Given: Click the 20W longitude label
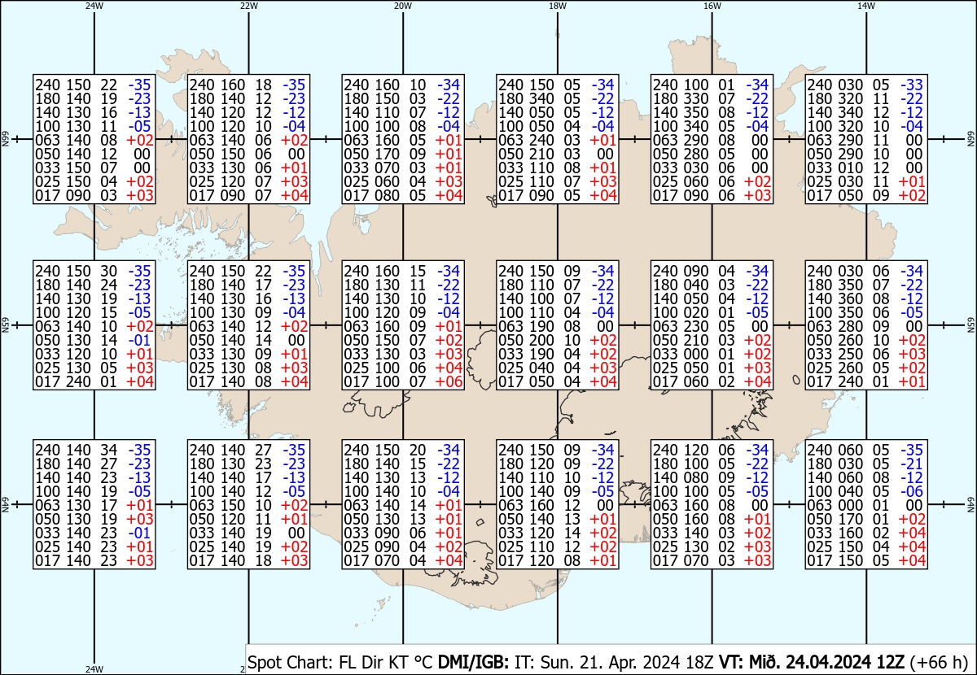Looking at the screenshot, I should pos(402,6).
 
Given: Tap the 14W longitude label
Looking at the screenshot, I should pos(866,6).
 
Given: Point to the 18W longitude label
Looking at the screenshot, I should pos(558,6).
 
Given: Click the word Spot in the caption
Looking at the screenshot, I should pos(264,660).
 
